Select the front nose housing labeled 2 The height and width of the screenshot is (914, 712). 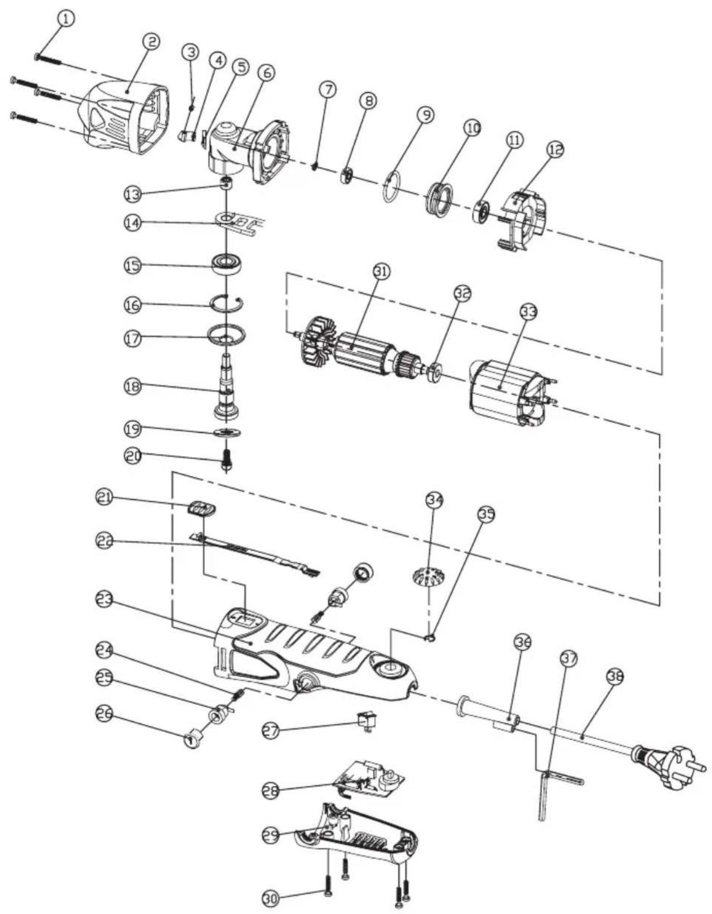pos(123,120)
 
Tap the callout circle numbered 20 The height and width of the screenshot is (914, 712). pos(132,455)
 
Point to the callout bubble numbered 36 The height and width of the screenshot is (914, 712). pos(522,643)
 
